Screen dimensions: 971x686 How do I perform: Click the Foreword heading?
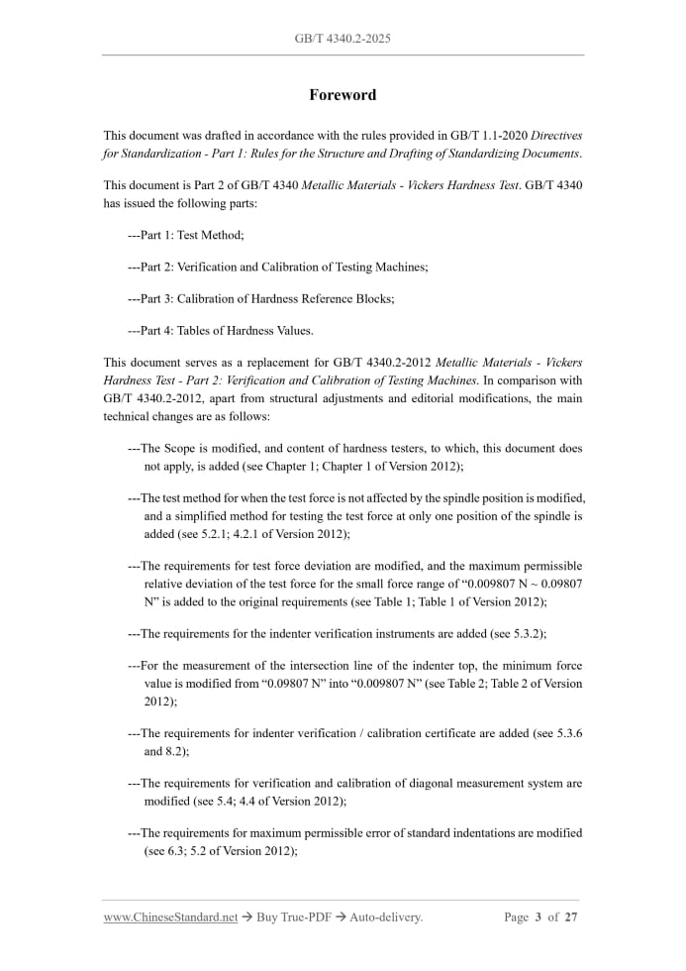(343, 95)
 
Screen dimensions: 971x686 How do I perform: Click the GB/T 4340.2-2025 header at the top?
(343, 39)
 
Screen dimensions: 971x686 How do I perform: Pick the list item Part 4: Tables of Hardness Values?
(221, 330)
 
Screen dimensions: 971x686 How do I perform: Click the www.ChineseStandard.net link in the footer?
(170, 917)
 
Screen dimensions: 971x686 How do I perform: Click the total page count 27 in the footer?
(570, 917)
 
